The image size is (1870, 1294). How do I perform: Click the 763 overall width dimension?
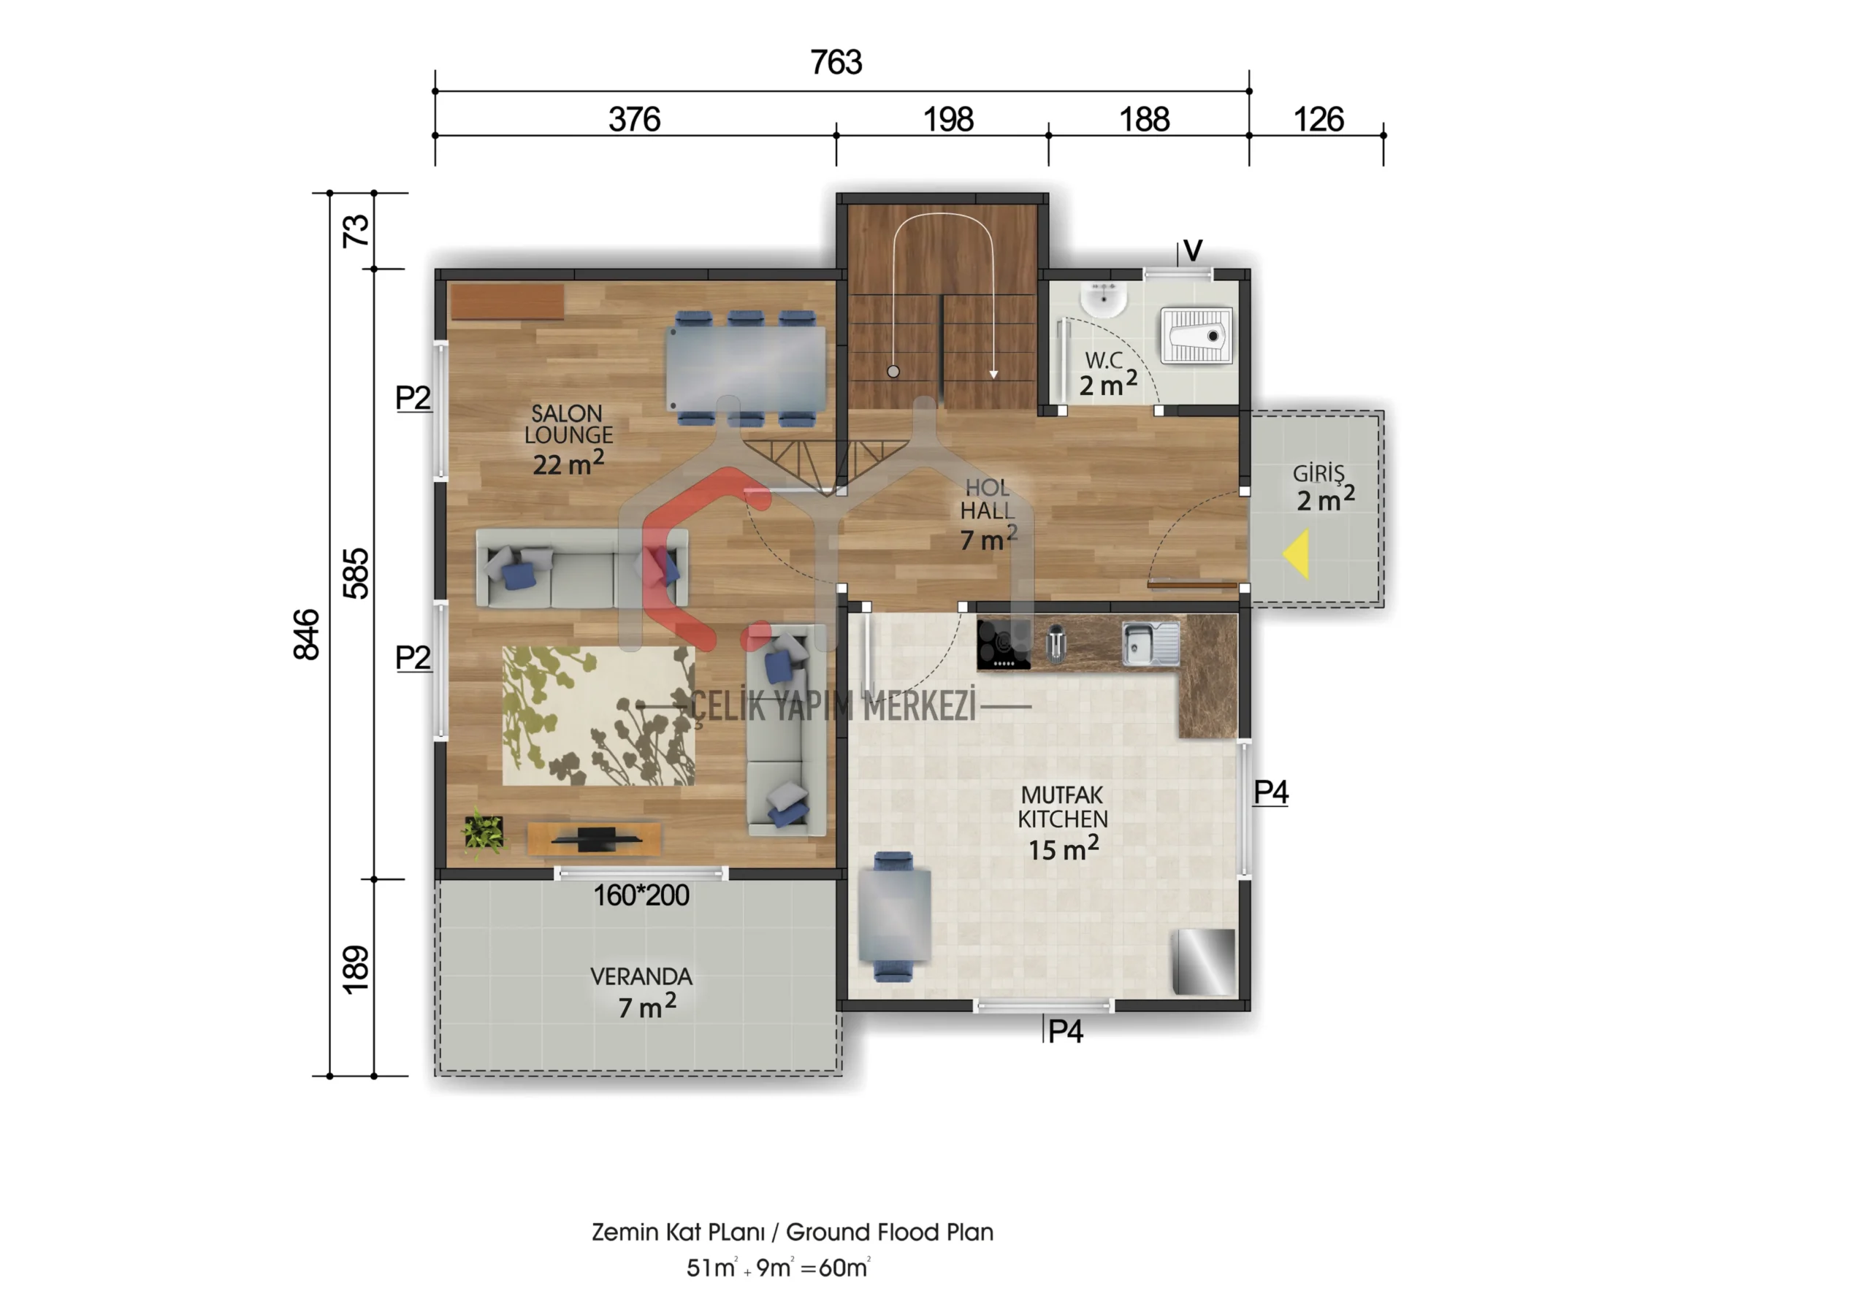pos(836,62)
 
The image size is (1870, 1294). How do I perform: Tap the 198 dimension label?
pos(947,120)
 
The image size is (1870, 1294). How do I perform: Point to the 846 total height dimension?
pos(307,634)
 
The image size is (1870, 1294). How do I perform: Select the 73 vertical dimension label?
pos(355,231)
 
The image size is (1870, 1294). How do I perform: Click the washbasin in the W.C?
pos(1103,299)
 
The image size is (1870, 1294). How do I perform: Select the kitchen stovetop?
pos(1003,645)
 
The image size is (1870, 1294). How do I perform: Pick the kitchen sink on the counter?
pos(1150,643)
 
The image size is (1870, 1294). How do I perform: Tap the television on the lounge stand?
pos(596,839)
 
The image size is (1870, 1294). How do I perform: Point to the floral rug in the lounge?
pos(598,715)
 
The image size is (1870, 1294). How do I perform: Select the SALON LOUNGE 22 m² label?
pos(568,439)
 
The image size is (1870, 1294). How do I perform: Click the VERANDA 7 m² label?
pos(641,992)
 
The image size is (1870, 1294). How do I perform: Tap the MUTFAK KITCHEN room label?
pos(1062,807)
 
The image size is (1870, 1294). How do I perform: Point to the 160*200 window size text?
pos(641,895)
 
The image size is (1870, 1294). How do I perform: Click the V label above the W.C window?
pos(1192,250)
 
